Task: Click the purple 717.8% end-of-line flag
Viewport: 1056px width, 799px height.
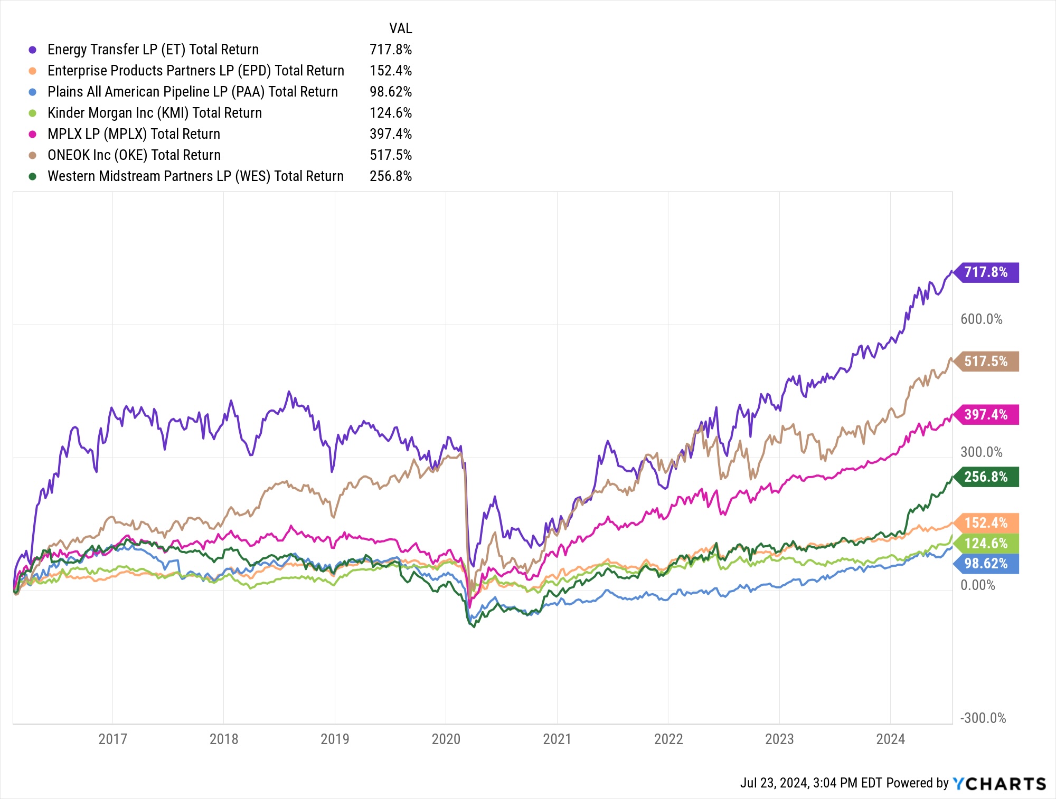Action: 986,272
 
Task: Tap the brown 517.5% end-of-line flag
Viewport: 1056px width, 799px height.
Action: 986,362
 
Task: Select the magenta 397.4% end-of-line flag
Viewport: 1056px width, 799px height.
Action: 986,415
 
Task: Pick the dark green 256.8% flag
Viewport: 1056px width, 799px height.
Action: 986,477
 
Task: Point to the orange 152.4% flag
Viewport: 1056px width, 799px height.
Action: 986,523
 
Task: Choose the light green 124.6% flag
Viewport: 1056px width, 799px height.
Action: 986,544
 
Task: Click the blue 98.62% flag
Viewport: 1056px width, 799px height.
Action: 986,564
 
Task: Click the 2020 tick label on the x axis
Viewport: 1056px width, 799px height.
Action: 446,739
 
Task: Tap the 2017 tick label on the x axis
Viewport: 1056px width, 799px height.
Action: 113,739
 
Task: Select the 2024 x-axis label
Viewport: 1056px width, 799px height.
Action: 891,739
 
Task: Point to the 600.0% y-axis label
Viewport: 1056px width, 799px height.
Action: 982,319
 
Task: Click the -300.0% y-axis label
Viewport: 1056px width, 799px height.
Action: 983,718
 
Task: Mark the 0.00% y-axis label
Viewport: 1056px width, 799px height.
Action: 978,585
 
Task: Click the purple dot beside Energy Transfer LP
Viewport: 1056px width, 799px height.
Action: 33,50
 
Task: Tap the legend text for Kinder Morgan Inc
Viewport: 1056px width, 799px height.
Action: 155,113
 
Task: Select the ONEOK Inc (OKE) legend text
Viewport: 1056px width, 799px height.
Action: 134,155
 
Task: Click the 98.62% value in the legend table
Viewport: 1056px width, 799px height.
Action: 391,92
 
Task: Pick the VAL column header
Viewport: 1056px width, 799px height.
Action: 401,28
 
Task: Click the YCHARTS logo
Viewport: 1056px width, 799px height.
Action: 1000,784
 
